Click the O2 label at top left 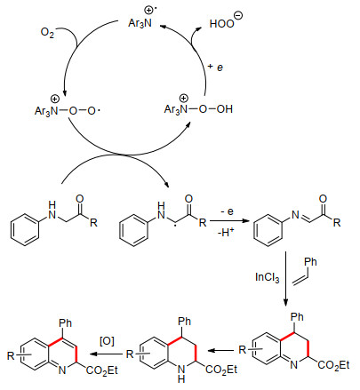tap(47, 32)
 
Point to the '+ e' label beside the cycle tap(215, 67)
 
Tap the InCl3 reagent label tap(267, 278)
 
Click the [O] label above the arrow tap(107, 341)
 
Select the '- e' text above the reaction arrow tap(227, 211)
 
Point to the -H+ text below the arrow tap(226, 232)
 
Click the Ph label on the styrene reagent tap(310, 262)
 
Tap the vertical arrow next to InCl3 tap(285, 279)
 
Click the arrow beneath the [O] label tap(106, 354)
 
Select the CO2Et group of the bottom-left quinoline tap(102, 370)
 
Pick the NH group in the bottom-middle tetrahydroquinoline tap(181, 374)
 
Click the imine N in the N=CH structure tap(295, 215)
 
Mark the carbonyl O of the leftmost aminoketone tap(80, 198)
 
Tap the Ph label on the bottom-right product tap(297, 317)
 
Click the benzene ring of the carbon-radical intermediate tap(133, 230)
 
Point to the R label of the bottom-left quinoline tap(11, 355)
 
